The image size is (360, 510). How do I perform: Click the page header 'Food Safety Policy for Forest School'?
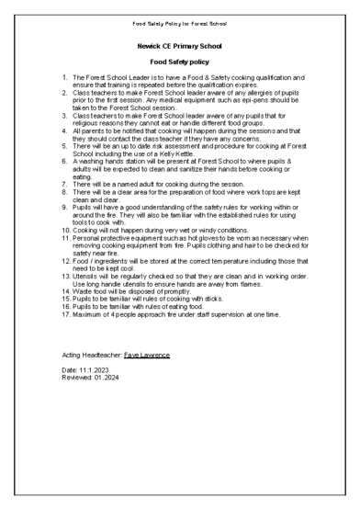point(180,21)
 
